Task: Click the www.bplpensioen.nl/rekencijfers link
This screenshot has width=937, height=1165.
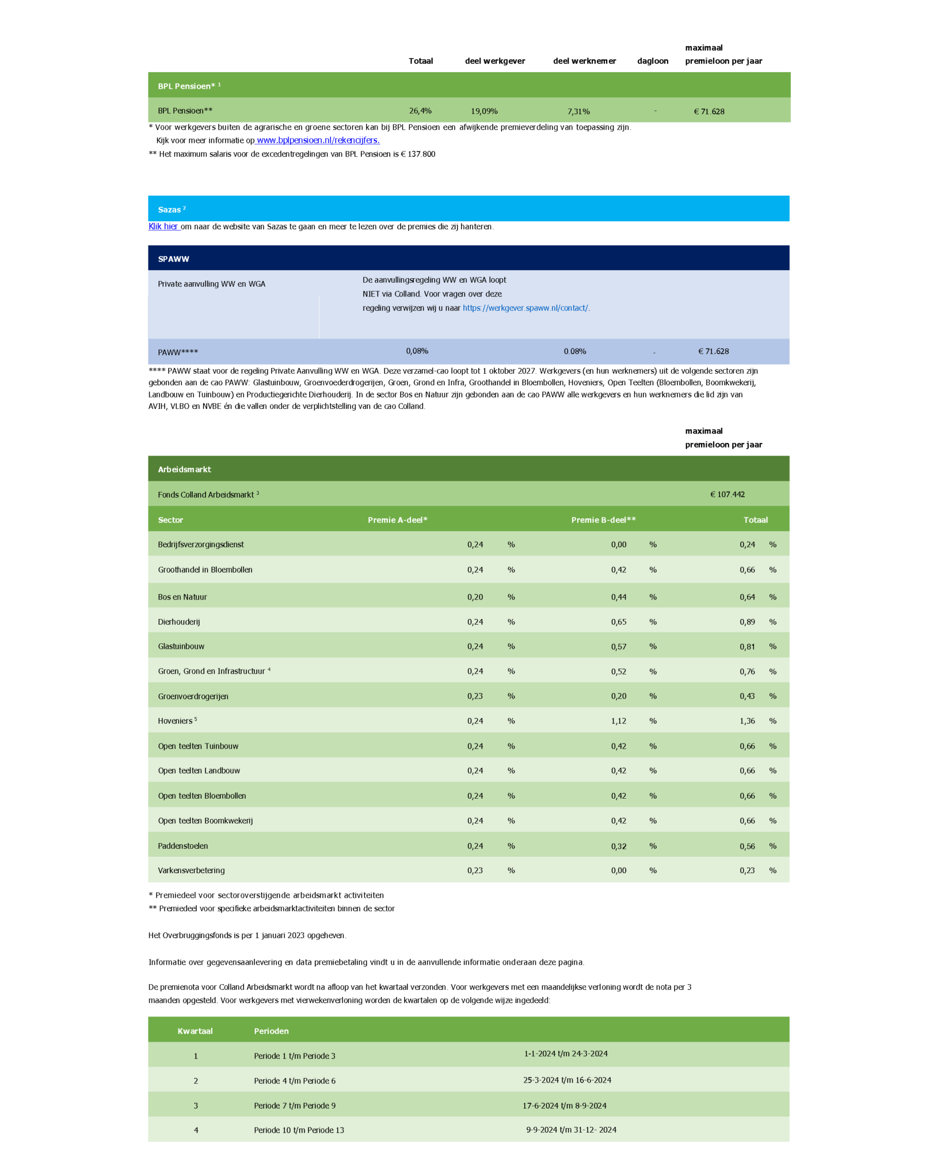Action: point(318,141)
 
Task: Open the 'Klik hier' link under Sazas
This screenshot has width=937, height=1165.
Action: point(164,226)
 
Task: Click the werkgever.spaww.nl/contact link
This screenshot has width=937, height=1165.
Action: point(525,308)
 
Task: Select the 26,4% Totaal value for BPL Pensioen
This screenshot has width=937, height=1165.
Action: point(420,111)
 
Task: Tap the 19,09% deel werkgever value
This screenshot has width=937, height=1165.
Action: point(484,111)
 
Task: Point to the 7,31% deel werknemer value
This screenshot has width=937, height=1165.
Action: point(578,111)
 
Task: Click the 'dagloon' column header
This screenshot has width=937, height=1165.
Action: point(653,61)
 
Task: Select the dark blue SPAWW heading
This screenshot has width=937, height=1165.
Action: point(173,259)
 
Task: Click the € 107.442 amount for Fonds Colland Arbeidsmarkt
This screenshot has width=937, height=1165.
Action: point(727,494)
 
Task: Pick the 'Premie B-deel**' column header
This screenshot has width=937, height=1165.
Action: point(603,520)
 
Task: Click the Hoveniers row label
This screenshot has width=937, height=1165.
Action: point(175,721)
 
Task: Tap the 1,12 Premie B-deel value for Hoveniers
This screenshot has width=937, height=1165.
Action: point(619,721)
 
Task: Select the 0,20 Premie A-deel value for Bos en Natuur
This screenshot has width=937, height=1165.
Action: point(475,597)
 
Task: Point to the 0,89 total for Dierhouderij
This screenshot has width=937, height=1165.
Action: point(747,622)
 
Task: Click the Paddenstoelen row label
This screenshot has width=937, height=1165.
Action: point(183,846)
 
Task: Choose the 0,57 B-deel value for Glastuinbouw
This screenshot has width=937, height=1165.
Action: point(619,646)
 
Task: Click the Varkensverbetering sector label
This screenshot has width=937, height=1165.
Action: point(191,870)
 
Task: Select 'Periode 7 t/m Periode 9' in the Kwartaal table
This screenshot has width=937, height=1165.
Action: point(295,1106)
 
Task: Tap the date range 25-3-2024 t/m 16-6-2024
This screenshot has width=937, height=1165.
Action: point(567,1080)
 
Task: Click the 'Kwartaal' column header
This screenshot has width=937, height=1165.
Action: point(195,1031)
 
